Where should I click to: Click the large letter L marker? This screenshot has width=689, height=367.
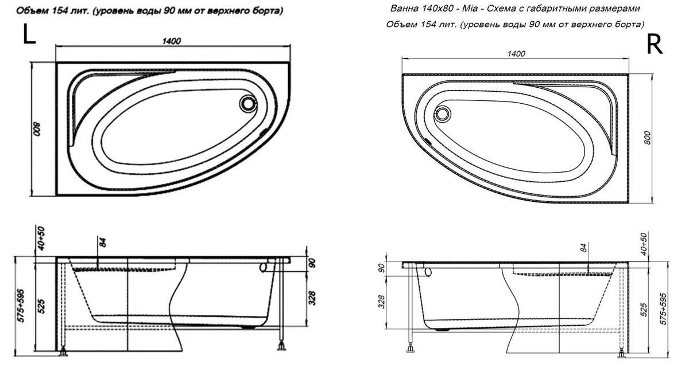coord(29,35)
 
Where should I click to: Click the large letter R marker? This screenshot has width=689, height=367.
coord(655,44)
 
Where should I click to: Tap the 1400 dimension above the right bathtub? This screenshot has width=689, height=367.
coord(517,54)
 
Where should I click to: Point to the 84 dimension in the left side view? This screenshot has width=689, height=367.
coord(103,241)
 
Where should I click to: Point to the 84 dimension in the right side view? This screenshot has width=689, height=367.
coord(583,248)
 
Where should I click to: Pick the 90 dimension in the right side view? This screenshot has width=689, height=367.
coord(380,268)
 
